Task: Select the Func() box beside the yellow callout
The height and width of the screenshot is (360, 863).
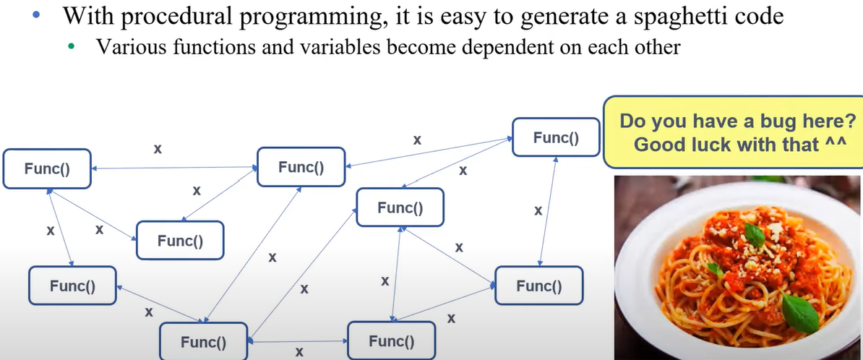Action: click(x=555, y=138)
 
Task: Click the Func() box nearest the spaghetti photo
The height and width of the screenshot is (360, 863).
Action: click(x=538, y=286)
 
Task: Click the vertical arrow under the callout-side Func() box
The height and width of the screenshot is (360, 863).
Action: click(x=548, y=210)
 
